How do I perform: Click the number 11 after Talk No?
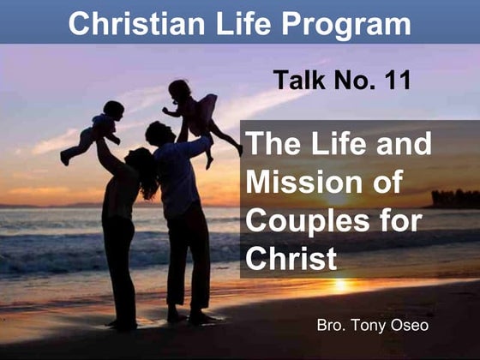coord(393,81)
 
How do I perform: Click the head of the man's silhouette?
coord(159,133)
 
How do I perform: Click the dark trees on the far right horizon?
coord(455,198)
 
